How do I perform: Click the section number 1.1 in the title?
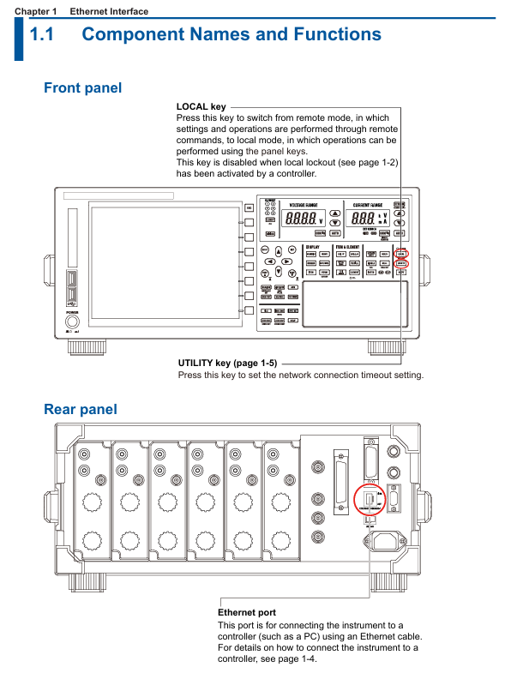(x=42, y=35)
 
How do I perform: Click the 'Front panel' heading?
(x=82, y=87)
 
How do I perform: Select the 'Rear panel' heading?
(x=81, y=409)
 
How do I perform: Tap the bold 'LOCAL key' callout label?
(x=201, y=107)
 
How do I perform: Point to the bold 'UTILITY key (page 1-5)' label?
(x=227, y=363)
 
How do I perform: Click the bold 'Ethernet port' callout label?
(x=247, y=613)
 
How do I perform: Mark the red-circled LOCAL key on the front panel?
(x=402, y=254)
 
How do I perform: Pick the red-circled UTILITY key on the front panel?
(x=402, y=265)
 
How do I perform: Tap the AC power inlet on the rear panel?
(x=383, y=541)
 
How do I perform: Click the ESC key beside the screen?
(x=249, y=207)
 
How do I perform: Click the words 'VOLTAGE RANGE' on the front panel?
(x=304, y=206)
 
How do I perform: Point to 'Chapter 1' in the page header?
(x=34, y=11)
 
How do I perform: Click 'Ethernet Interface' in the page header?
(x=109, y=11)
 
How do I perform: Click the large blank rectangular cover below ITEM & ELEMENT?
(x=355, y=304)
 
